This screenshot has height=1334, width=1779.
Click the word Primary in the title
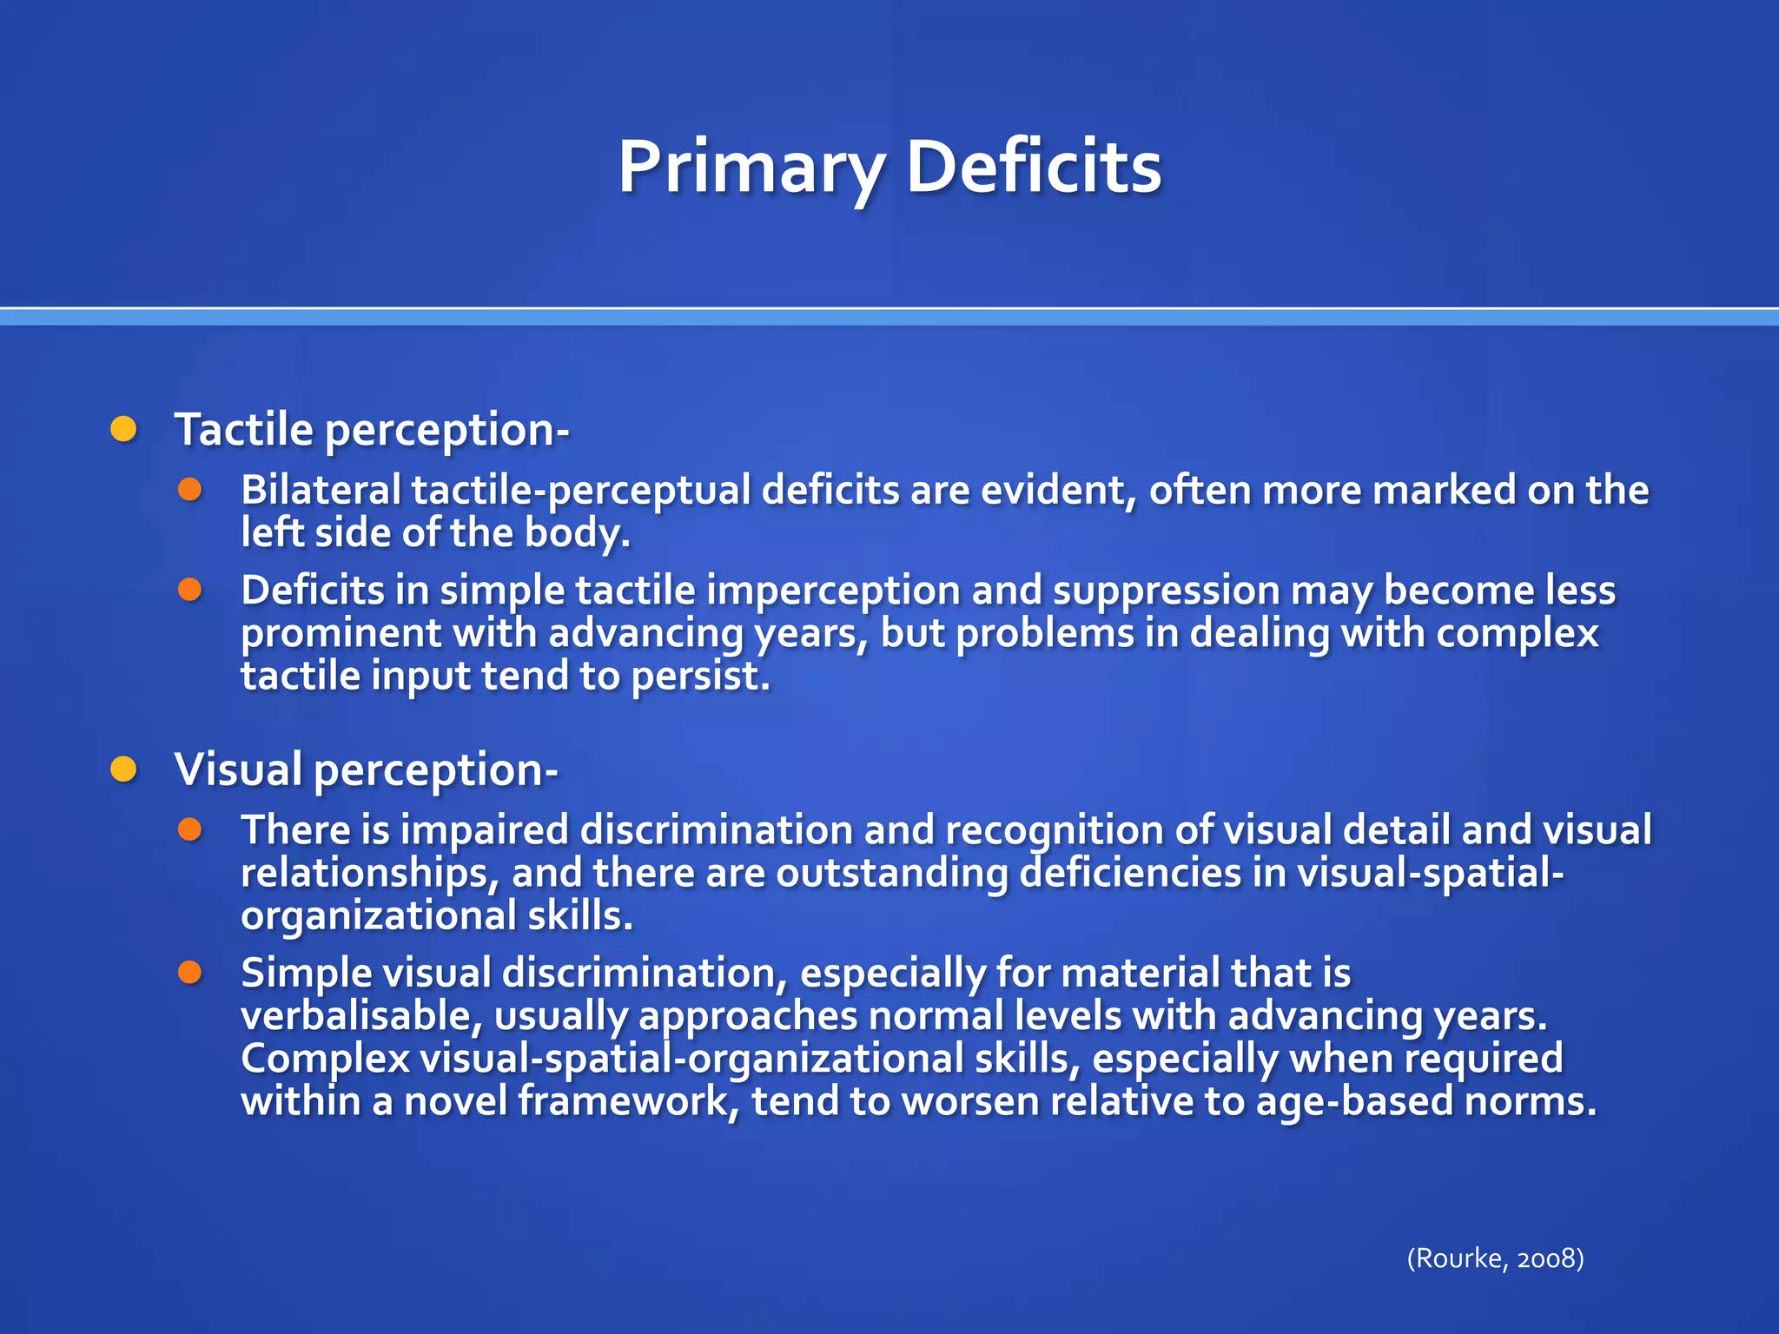click(751, 167)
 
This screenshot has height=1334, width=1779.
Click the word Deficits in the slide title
click(1033, 167)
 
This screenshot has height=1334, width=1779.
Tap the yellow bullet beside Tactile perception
click(124, 429)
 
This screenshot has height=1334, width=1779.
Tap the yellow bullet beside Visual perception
click(124, 769)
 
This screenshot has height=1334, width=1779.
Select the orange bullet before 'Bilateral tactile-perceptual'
click(190, 490)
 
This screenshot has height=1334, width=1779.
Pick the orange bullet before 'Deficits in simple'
click(190, 591)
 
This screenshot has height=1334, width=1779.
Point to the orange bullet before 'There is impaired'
click(190, 829)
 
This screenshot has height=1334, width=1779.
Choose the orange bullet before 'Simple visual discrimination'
click(190, 973)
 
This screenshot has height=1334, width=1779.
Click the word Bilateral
click(320, 490)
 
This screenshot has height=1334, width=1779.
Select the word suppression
click(1166, 591)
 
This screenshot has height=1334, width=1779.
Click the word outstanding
click(891, 873)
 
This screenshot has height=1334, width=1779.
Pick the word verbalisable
click(360, 1015)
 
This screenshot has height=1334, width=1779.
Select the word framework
click(628, 1101)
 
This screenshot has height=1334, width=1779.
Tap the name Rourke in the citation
click(1457, 1258)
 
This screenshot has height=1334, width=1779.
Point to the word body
click(576, 533)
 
